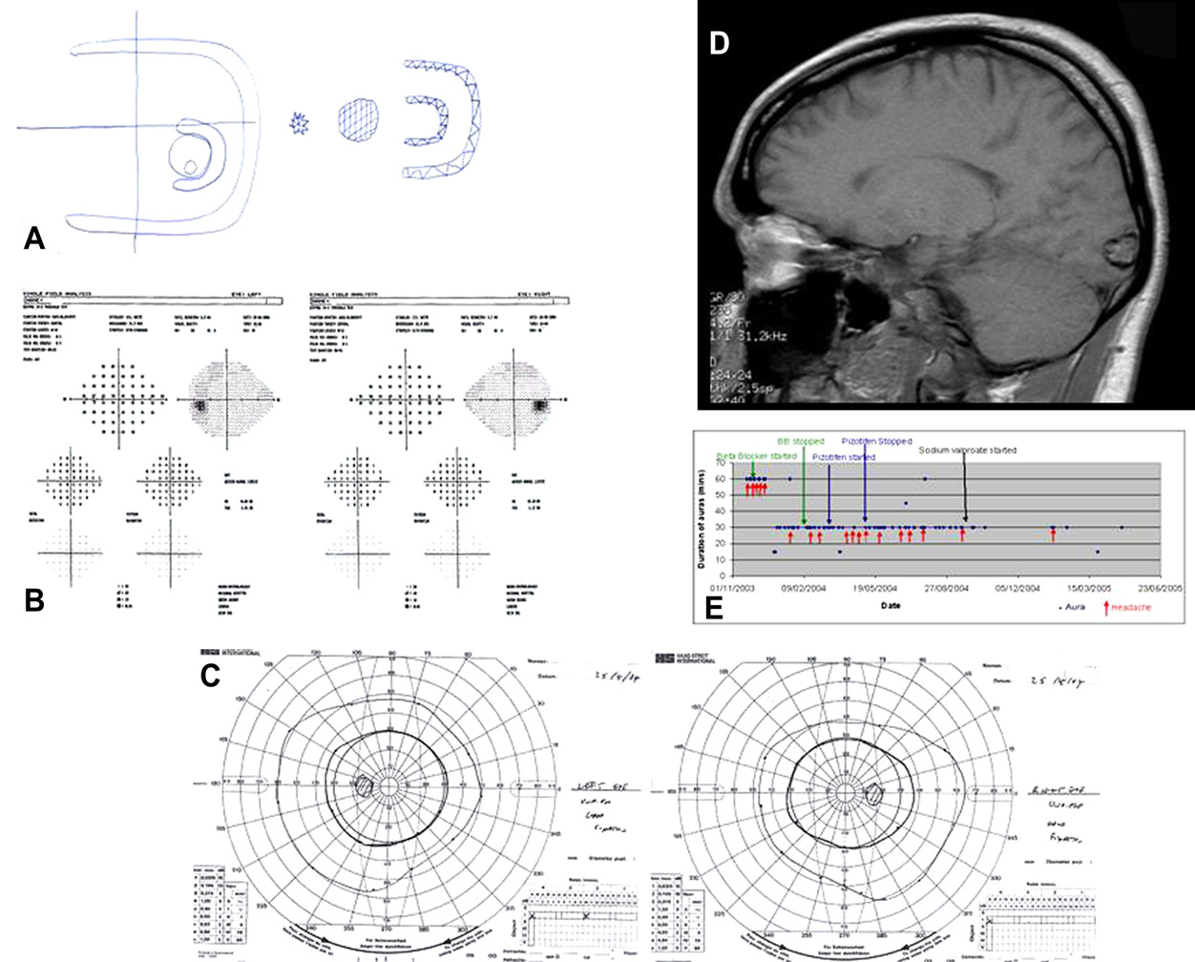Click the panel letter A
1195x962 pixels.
[33, 237]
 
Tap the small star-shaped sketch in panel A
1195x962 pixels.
[299, 123]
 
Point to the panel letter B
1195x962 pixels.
[33, 599]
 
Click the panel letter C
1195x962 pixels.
[210, 675]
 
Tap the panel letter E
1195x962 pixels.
[713, 608]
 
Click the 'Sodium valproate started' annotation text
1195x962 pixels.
[967, 450]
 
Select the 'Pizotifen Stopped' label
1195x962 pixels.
[876, 442]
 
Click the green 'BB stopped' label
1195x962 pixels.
[800, 442]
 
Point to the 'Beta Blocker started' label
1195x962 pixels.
[757, 456]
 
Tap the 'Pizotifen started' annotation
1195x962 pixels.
[844, 457]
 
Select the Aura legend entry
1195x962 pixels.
[1072, 608]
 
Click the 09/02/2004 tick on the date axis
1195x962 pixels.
[803, 589]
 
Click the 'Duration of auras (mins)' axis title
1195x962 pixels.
[702, 520]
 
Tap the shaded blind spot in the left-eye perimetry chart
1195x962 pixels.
[363, 785]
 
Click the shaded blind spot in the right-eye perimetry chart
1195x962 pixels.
[875, 793]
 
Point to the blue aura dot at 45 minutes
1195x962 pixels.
[906, 504]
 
